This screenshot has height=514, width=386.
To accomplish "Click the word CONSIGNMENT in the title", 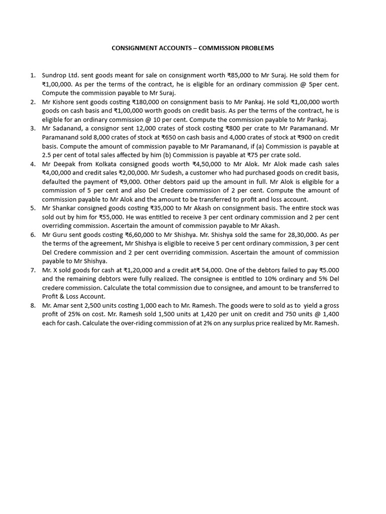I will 132,48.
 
